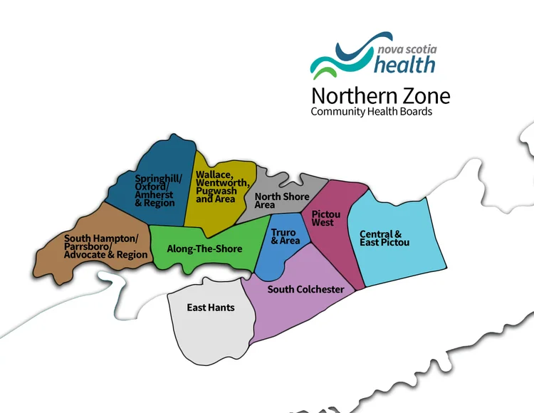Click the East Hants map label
[x=211, y=308]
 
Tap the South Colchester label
[x=305, y=289]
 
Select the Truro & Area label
[x=286, y=236]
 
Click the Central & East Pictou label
[x=384, y=238]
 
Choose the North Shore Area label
[x=282, y=201]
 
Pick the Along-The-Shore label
[x=204, y=249]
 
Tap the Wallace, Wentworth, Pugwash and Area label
[x=215, y=187]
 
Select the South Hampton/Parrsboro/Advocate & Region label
[x=106, y=246]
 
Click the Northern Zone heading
[x=380, y=95]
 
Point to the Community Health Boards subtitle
[x=371, y=112]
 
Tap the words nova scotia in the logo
[x=407, y=49]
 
